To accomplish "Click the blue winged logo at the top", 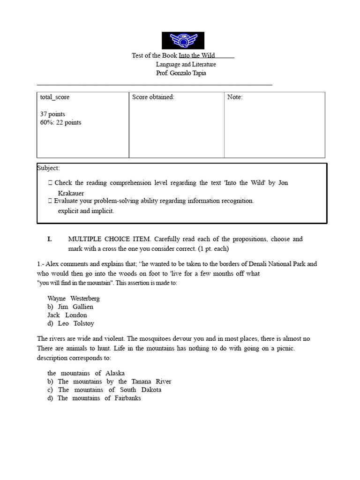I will point(183,40).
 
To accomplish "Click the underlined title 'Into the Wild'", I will point(197,56).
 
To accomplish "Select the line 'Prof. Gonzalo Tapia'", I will point(181,73).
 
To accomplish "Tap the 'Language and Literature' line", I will point(186,64).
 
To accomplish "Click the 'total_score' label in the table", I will point(55,97).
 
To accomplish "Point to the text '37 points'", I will point(52,114).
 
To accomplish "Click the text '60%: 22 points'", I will point(60,122).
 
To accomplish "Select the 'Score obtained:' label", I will point(153,97).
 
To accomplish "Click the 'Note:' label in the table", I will point(235,97).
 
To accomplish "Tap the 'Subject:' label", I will point(48,168).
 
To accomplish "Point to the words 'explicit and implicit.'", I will point(86,210).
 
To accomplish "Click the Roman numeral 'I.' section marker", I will point(49,239).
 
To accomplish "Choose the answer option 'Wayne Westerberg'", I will point(74,298).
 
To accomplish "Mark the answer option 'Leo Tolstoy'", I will point(75,323).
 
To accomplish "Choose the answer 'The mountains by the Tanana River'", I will point(114,382).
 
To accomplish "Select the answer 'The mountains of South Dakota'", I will point(109,390).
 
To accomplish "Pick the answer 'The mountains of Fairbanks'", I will point(99,398).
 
